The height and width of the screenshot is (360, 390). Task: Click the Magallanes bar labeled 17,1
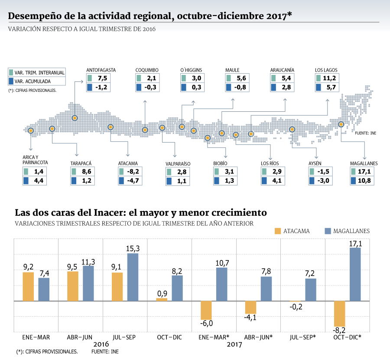click(x=355, y=274)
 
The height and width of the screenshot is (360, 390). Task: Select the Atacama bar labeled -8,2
click(x=339, y=314)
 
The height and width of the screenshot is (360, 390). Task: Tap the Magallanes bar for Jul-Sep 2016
click(x=133, y=277)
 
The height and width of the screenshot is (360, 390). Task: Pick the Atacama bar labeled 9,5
click(x=73, y=286)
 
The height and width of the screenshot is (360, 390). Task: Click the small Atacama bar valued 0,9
click(x=162, y=300)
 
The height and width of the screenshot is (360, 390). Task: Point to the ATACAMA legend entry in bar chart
click(x=292, y=231)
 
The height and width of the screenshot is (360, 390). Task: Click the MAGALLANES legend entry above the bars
click(x=347, y=231)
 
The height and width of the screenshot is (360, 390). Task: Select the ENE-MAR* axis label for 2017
click(x=214, y=337)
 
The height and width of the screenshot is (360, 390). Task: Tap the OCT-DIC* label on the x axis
click(x=347, y=337)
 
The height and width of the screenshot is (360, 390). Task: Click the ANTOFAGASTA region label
click(x=101, y=70)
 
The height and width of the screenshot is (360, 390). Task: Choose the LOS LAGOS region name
click(x=326, y=70)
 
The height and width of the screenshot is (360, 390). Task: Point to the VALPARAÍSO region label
click(x=178, y=164)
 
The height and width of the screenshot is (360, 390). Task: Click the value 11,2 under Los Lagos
click(x=329, y=78)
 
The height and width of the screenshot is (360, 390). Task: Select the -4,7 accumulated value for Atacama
click(x=133, y=181)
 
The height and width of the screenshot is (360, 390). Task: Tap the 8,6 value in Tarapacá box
click(x=87, y=171)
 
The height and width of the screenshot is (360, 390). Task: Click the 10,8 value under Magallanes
click(x=364, y=181)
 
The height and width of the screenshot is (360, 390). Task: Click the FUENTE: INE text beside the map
click(x=365, y=133)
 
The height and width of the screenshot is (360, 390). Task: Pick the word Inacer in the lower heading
click(x=108, y=213)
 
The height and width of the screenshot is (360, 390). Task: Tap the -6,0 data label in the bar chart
click(x=206, y=323)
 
